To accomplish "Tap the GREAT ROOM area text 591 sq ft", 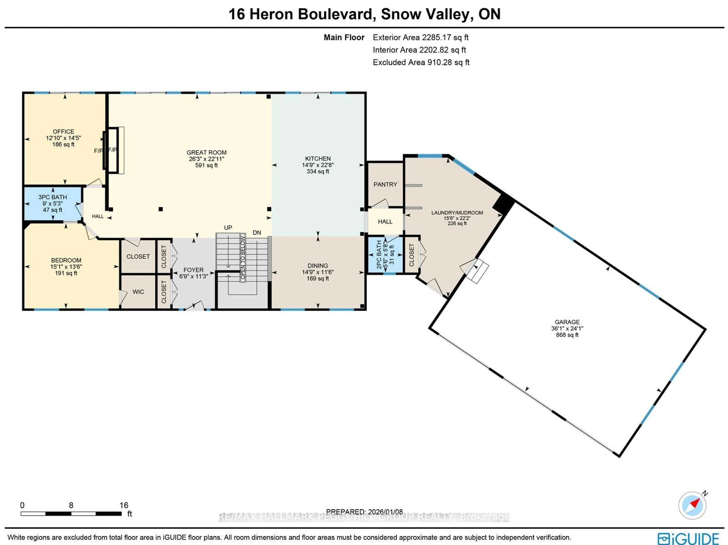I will tap(206, 165).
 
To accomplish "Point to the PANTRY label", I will tap(385, 184).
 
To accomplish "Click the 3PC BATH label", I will tap(53, 197).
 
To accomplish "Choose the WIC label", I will tap(138, 292).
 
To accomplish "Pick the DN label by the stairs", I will tap(257, 233).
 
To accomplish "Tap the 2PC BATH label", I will tap(379, 254).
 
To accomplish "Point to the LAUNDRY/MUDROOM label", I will tap(457, 213).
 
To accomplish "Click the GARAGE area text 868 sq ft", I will tap(567, 335).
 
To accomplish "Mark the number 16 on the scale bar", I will tap(124, 505).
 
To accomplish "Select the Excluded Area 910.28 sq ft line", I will tap(421, 62).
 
